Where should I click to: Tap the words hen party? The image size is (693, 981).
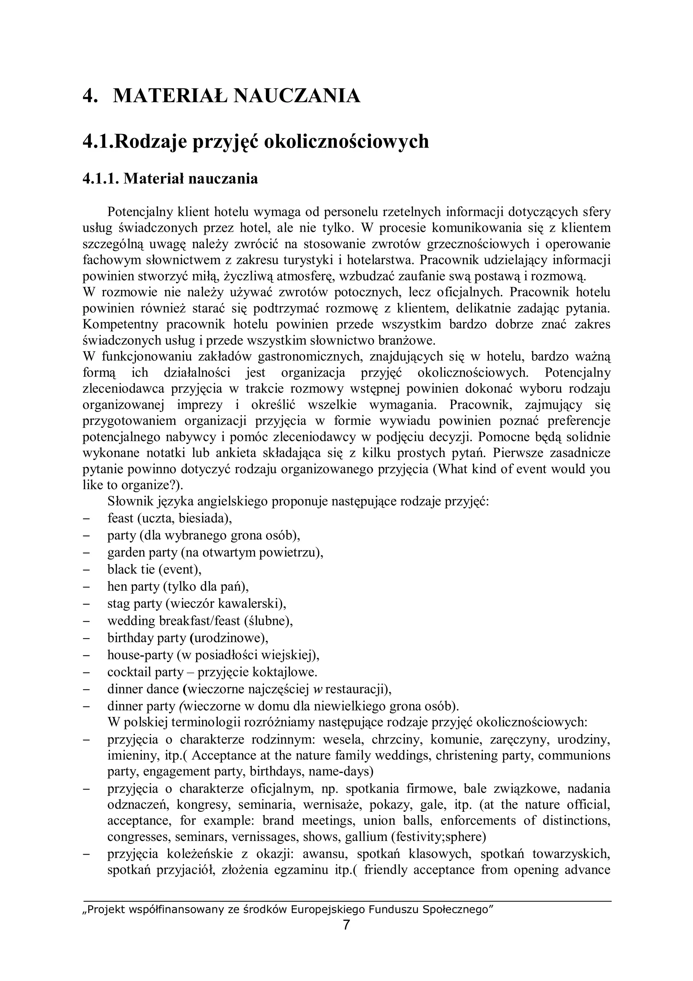(x=133, y=587)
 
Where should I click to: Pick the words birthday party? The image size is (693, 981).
(x=147, y=638)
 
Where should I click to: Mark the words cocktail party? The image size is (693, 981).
(x=145, y=672)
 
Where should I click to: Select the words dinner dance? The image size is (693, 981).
(x=142, y=689)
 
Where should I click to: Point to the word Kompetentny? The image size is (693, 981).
(x=119, y=325)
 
